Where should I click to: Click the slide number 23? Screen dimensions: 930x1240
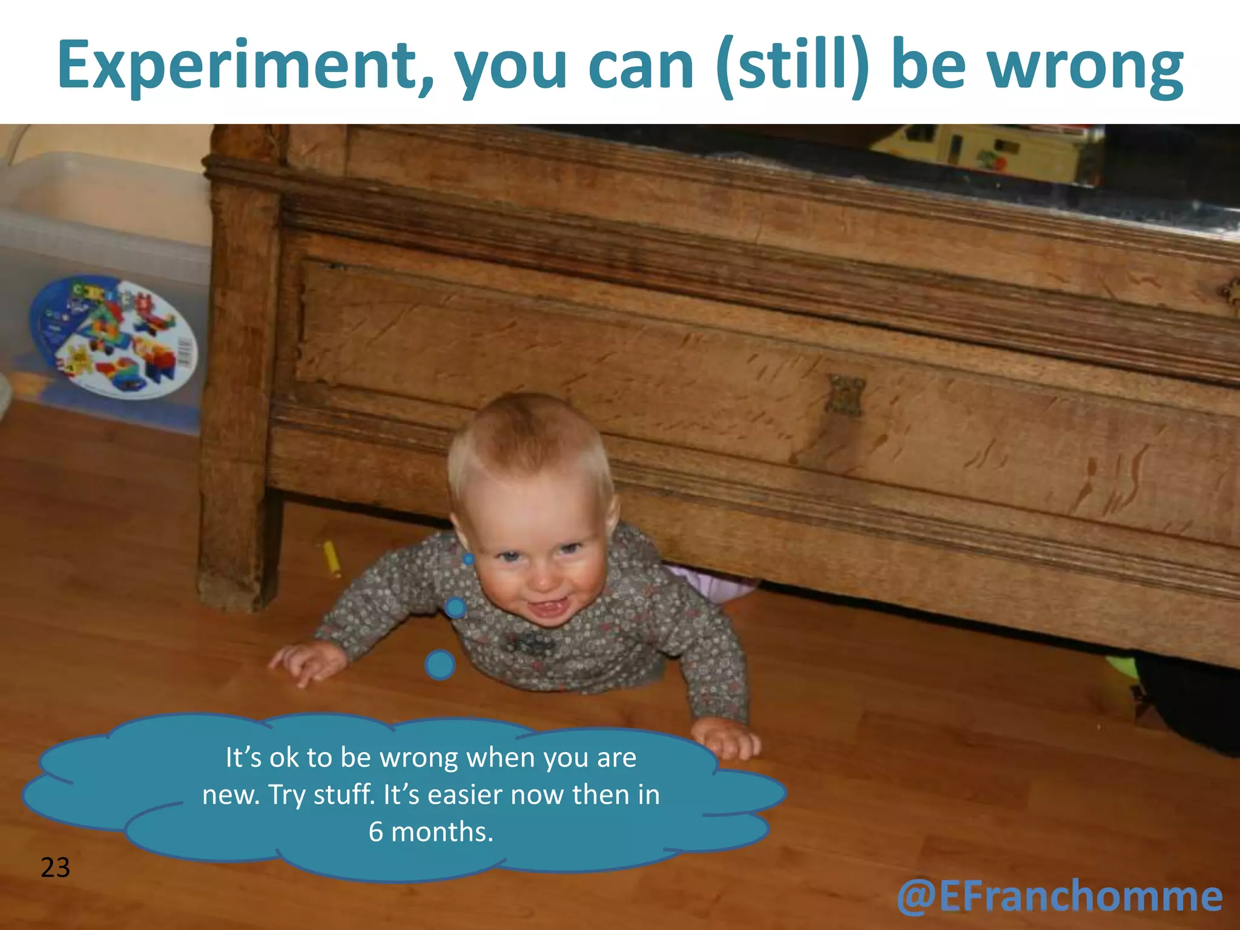(x=55, y=868)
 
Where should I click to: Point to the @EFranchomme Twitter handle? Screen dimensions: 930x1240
(x=1060, y=896)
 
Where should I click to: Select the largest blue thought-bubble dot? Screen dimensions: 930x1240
(x=440, y=664)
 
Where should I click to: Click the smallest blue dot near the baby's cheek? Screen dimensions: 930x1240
(x=469, y=559)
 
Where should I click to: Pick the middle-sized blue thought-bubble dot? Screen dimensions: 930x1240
(x=455, y=607)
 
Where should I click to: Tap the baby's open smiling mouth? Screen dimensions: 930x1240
(x=548, y=607)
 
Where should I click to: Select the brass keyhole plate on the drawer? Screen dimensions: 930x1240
(x=846, y=395)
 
